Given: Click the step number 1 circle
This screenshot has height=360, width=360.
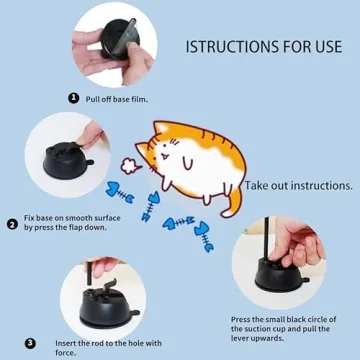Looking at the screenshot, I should click(73, 98).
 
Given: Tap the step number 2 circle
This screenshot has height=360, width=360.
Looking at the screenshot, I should click(12, 224).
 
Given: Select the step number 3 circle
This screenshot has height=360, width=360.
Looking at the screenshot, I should click(30, 342).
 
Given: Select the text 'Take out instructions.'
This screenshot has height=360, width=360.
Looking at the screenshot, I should click(298, 185).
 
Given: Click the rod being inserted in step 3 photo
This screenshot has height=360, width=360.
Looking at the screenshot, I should click(89, 271).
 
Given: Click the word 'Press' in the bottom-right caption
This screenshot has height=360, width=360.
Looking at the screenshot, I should click(241, 320).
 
